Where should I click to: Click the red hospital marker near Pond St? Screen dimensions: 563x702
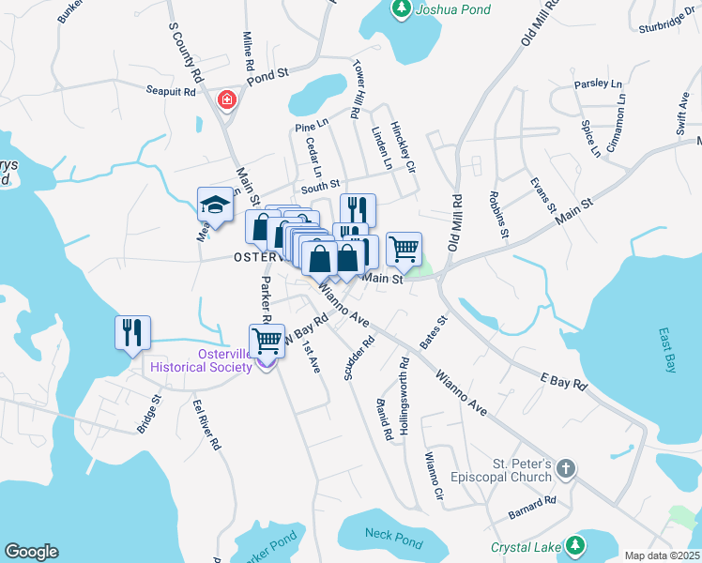[x=226, y=99]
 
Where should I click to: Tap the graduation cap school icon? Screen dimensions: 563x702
[x=215, y=206]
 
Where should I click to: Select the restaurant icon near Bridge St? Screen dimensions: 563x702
[x=131, y=332]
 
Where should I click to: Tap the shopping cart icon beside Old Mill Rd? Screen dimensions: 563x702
[x=404, y=250]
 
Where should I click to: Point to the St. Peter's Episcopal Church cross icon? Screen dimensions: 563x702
[x=566, y=467]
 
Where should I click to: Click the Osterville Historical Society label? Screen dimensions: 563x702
[x=199, y=360]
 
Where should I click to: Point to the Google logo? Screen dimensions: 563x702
[x=31, y=552]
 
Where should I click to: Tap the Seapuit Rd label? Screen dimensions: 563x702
[x=170, y=91]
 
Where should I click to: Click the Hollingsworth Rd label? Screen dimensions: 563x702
[x=404, y=386]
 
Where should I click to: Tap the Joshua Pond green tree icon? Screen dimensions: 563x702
[x=401, y=8]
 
